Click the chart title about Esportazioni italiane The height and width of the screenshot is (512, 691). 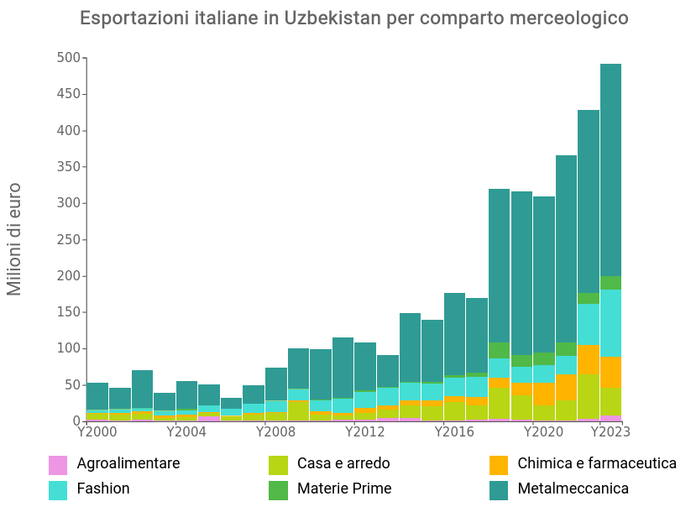353,18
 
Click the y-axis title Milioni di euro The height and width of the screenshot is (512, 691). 14,239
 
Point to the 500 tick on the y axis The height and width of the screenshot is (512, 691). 69,58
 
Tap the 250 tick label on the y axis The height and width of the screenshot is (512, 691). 69,239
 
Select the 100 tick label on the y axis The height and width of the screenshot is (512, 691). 69,348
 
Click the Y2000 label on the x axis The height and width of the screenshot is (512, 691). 97,431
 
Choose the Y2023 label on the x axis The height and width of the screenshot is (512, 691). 610,431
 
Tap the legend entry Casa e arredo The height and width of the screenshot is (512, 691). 343,463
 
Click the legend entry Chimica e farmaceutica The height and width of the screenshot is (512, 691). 596,463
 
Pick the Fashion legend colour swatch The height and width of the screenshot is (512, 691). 58,489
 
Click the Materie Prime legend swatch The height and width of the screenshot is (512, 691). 278,489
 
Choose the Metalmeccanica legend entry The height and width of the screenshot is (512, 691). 573,488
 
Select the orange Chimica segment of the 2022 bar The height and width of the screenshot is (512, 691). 589,359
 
